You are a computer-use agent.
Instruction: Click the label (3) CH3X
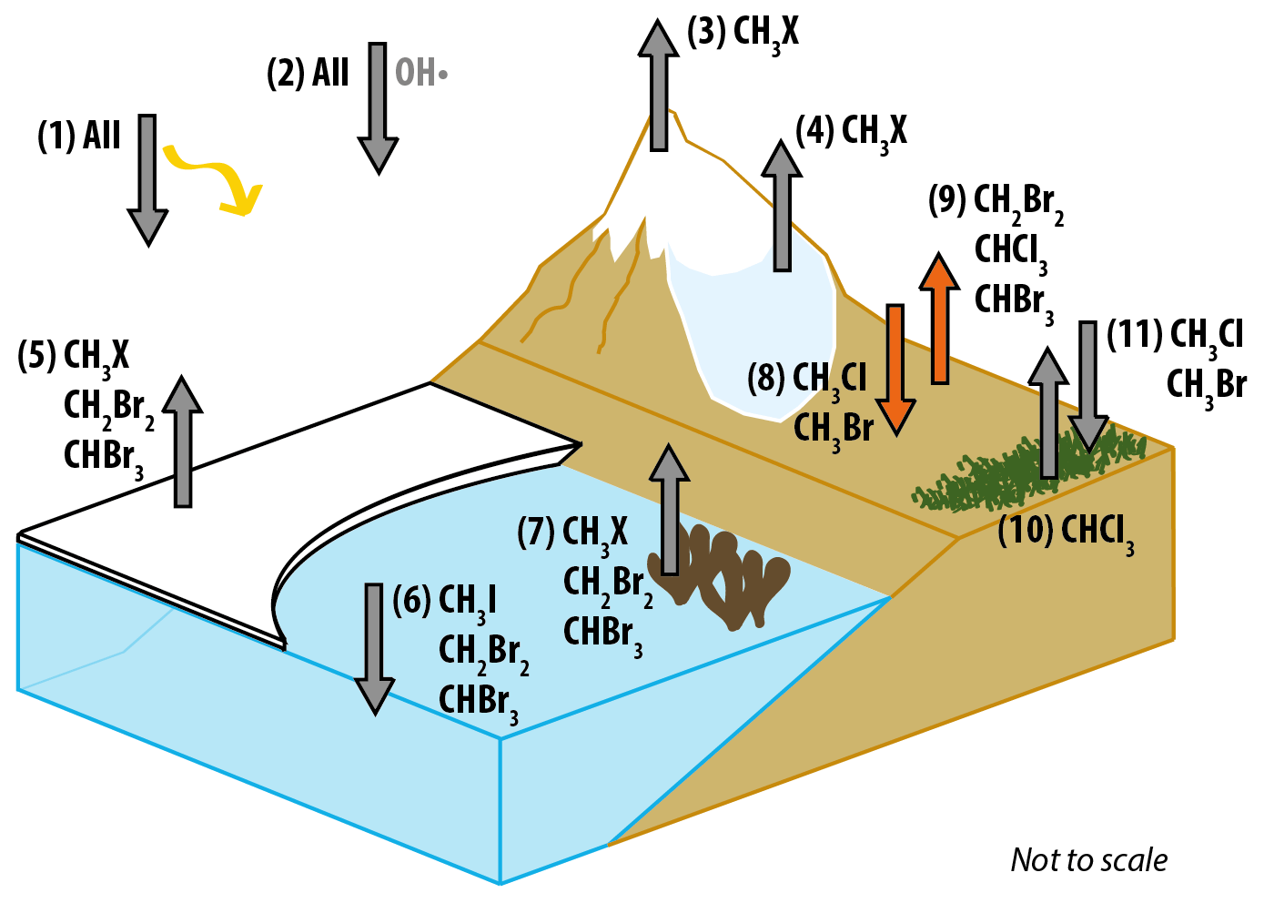[x=743, y=34]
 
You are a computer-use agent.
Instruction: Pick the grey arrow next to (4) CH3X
[x=782, y=207]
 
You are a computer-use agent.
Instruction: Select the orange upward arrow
[x=939, y=319]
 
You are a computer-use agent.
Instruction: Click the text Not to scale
[x=1088, y=860]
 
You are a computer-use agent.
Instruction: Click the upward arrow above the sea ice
[x=184, y=441]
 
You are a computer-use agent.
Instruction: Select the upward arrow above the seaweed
[x=670, y=510]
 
